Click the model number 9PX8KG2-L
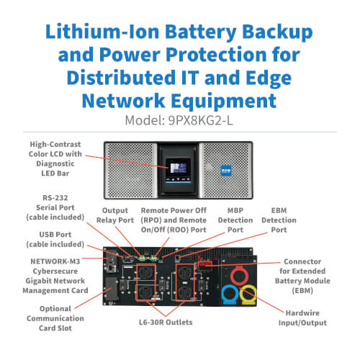200,120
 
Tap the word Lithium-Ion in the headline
102,32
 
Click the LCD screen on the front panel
178,168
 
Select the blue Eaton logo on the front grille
226,170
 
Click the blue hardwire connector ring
230,294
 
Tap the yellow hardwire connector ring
248,294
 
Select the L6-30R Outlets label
166,322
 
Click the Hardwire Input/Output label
302,318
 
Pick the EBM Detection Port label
279,220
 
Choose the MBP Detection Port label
235,220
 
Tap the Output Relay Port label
115,215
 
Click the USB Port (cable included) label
55,239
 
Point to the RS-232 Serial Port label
55,207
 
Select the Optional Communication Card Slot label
55,318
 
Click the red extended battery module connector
204,264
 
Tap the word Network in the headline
123,101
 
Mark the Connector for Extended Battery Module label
302,276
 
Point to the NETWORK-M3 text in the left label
55,261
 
